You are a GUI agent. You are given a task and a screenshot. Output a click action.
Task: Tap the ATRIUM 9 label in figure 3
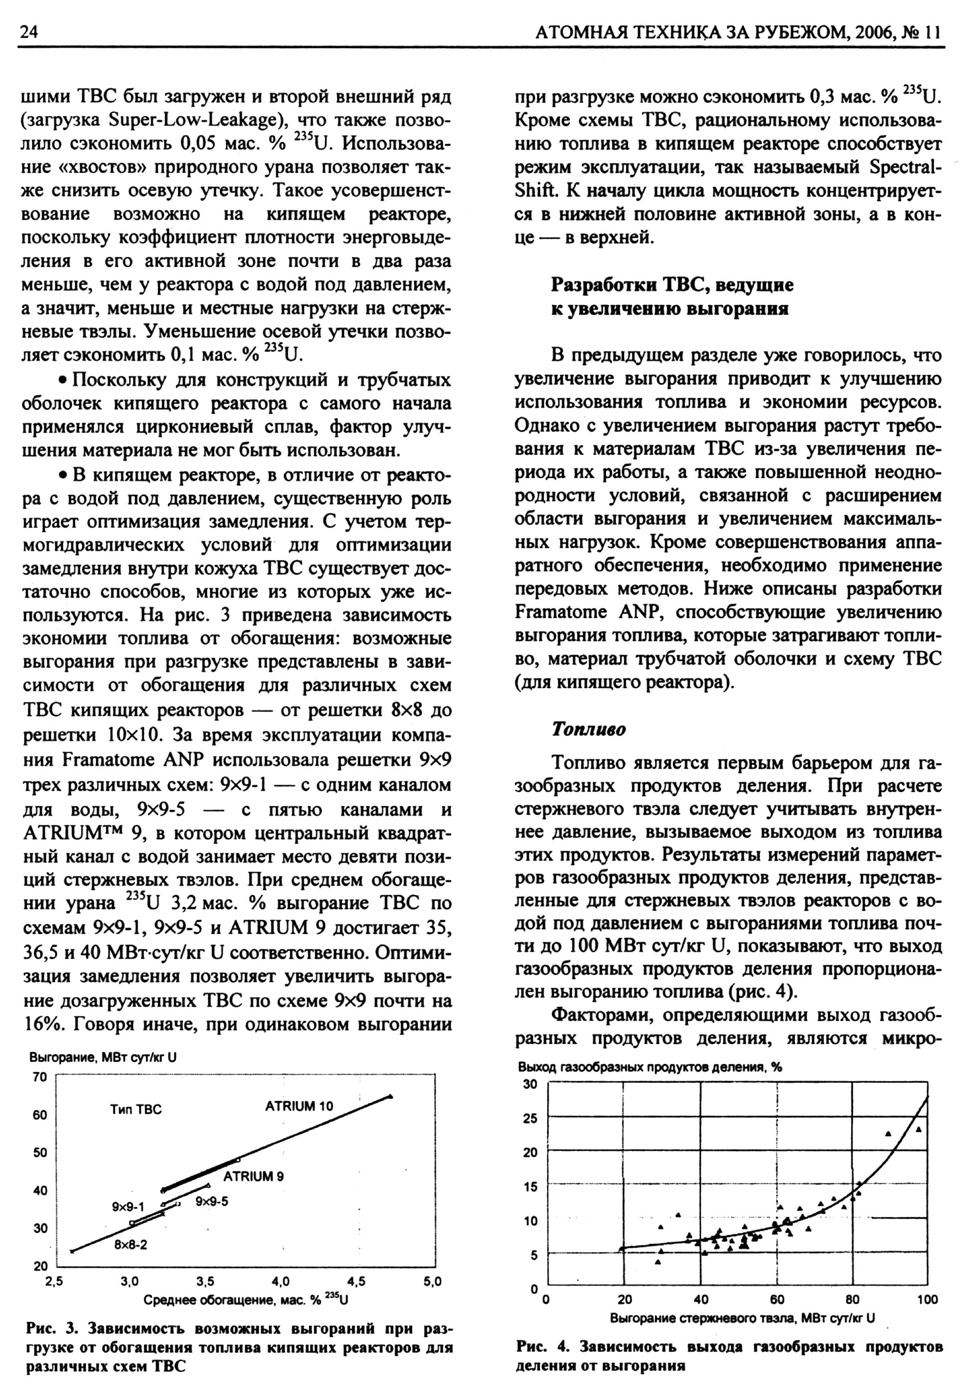(x=253, y=1176)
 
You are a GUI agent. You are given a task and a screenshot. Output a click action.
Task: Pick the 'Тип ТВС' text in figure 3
(x=136, y=1109)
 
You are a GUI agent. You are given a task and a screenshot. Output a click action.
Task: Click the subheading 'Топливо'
(x=589, y=729)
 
